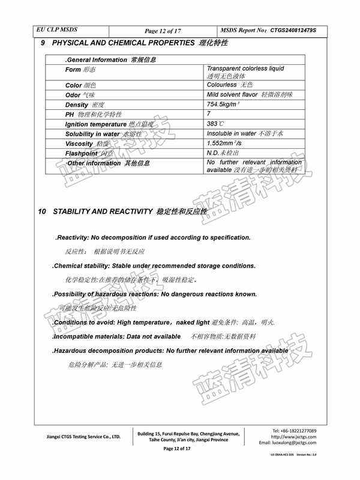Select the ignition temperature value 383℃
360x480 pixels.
click(215, 124)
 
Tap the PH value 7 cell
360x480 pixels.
click(209, 114)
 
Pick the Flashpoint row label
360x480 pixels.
click(86, 154)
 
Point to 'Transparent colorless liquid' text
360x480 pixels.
click(245, 69)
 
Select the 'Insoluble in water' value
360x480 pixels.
click(231, 133)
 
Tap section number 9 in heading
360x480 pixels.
click(43, 43)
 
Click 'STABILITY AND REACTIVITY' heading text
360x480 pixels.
click(103, 212)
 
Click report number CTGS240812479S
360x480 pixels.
click(293, 30)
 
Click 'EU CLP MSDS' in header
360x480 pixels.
click(57, 29)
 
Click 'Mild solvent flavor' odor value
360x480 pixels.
click(232, 95)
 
